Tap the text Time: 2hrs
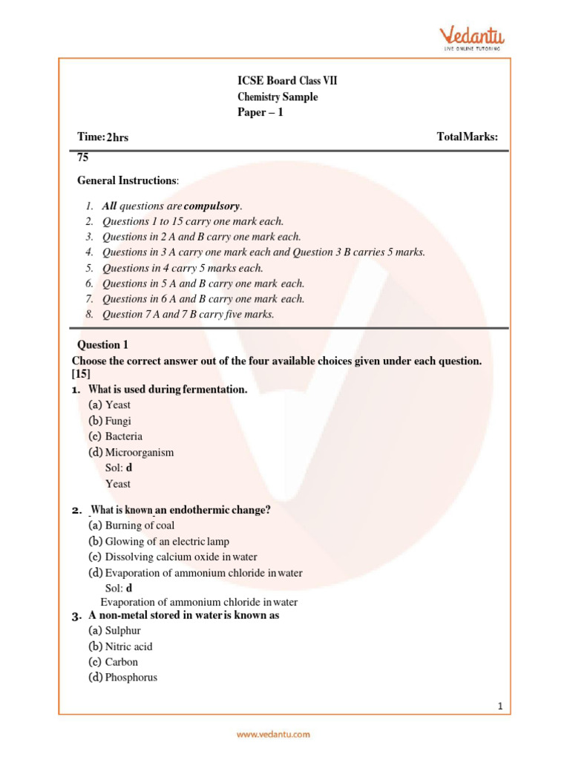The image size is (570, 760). [x=103, y=137]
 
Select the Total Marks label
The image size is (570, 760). [x=468, y=137]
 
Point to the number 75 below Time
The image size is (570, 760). [x=83, y=157]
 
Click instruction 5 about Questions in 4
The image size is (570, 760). [x=183, y=268]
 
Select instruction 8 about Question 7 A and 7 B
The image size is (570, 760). [x=188, y=315]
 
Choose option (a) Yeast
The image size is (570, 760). [x=109, y=405]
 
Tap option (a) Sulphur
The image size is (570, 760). [x=114, y=631]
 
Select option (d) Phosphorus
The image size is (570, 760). [x=122, y=678]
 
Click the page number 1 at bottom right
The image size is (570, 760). [x=501, y=706]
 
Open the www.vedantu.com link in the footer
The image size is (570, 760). [x=273, y=734]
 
